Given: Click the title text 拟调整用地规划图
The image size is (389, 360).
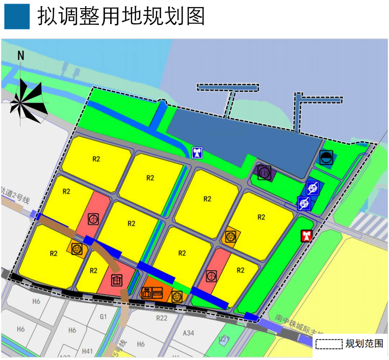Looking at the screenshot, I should tap(121, 17).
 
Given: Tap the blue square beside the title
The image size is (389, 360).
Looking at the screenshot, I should tap(17, 16).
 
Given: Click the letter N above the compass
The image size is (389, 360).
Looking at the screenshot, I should tap(20, 56).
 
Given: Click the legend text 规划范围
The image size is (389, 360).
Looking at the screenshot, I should tap(364, 344).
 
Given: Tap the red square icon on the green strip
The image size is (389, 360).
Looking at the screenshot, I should tap(306, 236).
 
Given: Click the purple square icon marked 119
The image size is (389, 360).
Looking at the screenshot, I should tap(264, 172).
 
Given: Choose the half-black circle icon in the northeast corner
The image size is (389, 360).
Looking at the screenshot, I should tap(325, 158).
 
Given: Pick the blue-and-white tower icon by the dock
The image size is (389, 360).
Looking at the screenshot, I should tap(197, 152).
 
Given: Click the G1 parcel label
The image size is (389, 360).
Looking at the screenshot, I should tap(103, 317).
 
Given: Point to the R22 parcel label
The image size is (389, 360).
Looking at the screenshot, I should tap(162, 318).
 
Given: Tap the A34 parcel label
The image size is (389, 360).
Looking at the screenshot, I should tap(188, 333).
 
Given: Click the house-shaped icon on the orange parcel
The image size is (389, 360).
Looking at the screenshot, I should tap(146, 293).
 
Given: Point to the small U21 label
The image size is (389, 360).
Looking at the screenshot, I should tap(223, 339).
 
